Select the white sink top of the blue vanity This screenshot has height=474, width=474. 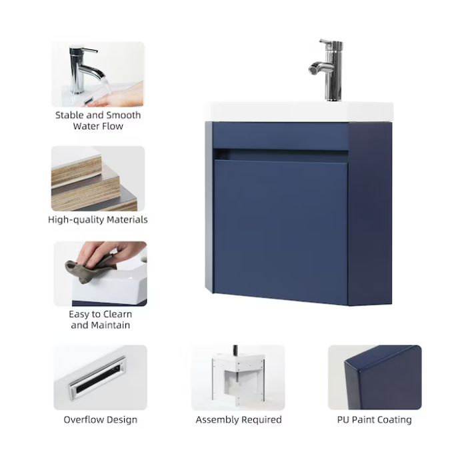coord(299,112)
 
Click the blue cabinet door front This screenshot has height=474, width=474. coord(281,231)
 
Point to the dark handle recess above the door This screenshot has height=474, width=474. coord(281,155)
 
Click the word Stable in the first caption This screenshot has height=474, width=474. coord(69,115)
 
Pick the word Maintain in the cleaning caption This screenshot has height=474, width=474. coord(111,325)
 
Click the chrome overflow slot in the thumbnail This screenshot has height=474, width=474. coord(97,378)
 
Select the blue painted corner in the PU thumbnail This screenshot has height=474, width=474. coord(383,379)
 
